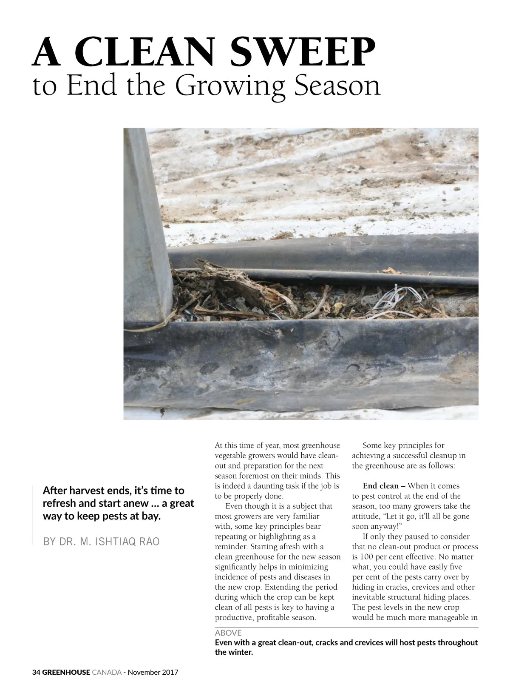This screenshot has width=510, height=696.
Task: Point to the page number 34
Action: coord(36,673)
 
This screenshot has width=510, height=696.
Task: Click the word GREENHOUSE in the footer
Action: coord(66,673)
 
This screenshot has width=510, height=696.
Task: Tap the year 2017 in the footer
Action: coord(170,673)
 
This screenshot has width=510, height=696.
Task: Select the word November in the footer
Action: coord(144,673)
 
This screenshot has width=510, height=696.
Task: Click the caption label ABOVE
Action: coord(228,633)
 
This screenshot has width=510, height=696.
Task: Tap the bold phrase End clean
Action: coord(380,486)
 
